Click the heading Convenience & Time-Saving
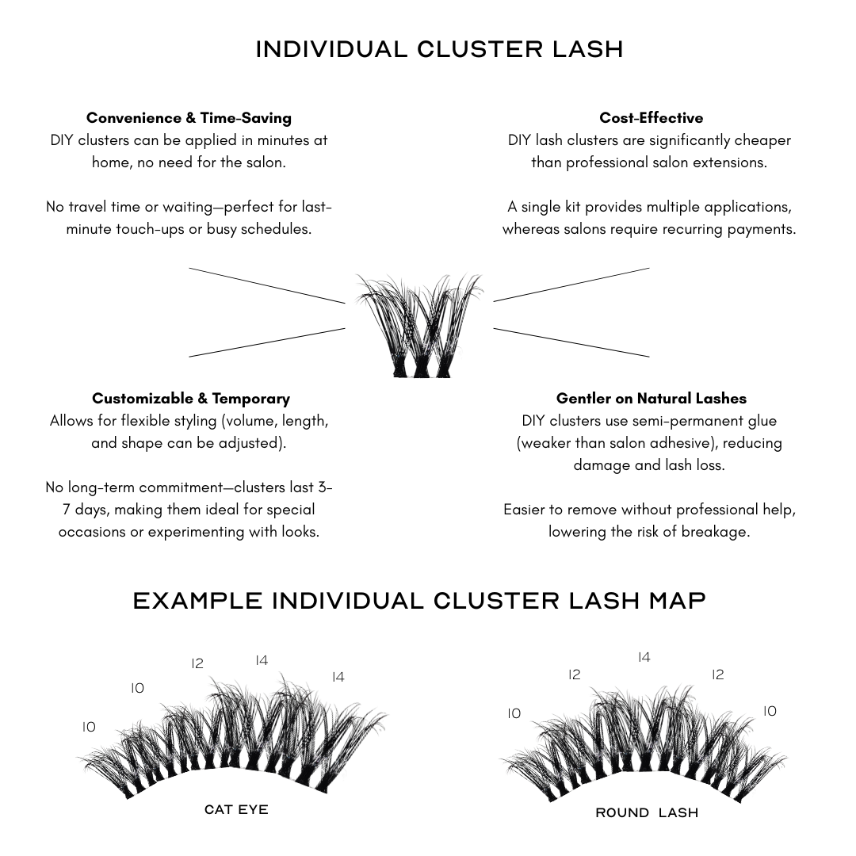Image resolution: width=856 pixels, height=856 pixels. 189,118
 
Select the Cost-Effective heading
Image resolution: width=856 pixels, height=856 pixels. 651,118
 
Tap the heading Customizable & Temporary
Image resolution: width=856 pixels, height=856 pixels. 190,399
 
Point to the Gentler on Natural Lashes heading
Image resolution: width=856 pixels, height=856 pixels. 651,399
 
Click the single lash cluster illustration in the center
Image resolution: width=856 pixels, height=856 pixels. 418,325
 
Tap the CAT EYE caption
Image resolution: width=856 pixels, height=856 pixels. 236,809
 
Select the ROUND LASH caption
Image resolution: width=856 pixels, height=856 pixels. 647,812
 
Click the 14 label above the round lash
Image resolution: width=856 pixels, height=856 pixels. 644,658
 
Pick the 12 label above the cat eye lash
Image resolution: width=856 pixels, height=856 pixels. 197,663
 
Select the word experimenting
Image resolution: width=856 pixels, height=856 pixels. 194,532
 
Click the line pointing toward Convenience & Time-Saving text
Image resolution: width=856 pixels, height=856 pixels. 266,285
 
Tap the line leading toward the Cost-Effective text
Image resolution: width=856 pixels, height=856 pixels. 571,285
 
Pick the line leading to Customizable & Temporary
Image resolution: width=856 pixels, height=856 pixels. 266,342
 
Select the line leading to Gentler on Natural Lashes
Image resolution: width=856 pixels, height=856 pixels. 571,342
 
